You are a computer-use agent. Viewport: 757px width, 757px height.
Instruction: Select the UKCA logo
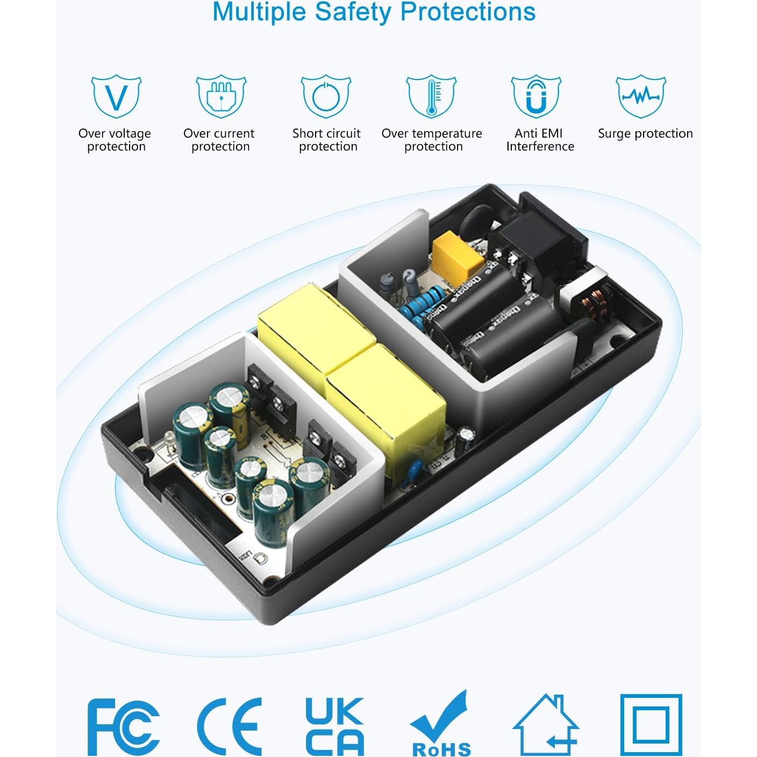(x=334, y=726)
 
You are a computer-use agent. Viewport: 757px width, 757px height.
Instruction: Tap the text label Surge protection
(x=645, y=133)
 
